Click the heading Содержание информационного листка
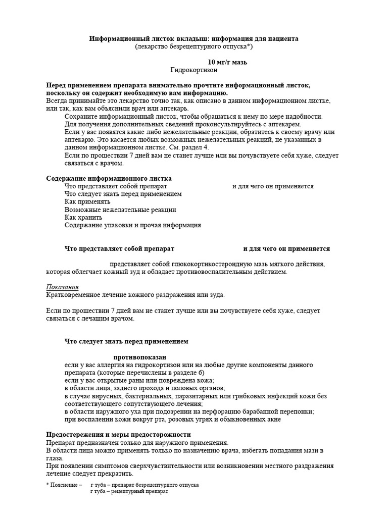tap(109, 178)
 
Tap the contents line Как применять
tap(87, 201)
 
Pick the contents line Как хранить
tap(83, 217)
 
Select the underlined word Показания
tap(63, 287)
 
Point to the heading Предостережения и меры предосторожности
tap(118, 434)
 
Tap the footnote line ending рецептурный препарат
tap(129, 491)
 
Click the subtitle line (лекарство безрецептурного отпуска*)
tap(194, 46)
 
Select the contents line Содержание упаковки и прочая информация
tap(133, 225)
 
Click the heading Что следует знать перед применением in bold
tap(126, 341)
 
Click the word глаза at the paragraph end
tap(55, 458)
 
